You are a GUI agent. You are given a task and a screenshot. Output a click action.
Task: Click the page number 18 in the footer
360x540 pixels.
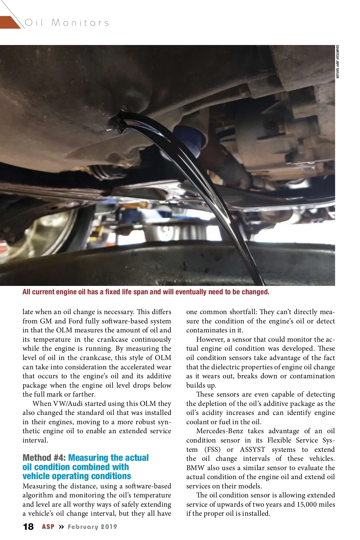28,527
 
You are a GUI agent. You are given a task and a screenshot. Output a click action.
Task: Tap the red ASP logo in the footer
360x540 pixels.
48,527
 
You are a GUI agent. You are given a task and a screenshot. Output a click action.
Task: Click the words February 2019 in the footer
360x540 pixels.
92,527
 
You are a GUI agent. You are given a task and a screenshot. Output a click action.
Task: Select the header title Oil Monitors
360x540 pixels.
67,22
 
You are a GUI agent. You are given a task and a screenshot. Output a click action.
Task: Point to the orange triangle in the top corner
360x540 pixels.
9,22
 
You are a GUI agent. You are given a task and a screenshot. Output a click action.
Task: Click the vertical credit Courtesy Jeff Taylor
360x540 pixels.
337,61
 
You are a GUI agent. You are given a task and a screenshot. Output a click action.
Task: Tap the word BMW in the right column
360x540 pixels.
195,468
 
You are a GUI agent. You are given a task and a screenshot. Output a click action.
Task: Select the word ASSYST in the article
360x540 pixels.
253,450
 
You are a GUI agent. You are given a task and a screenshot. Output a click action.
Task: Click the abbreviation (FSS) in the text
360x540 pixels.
212,450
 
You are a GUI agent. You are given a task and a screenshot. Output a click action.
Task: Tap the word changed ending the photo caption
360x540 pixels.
256,292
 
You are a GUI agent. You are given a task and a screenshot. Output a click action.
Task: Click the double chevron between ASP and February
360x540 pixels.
61,527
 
